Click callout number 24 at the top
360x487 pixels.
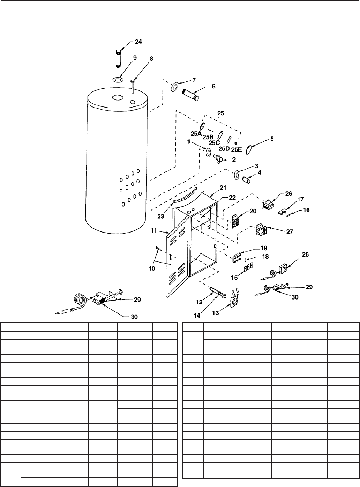(x=138, y=42)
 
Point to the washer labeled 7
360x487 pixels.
(x=174, y=87)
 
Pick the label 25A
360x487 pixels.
(x=196, y=133)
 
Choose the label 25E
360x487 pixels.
(x=237, y=150)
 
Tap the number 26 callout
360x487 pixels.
(x=289, y=194)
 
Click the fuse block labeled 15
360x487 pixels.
(x=248, y=267)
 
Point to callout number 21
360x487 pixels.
(x=223, y=188)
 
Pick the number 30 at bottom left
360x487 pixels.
(x=134, y=317)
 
